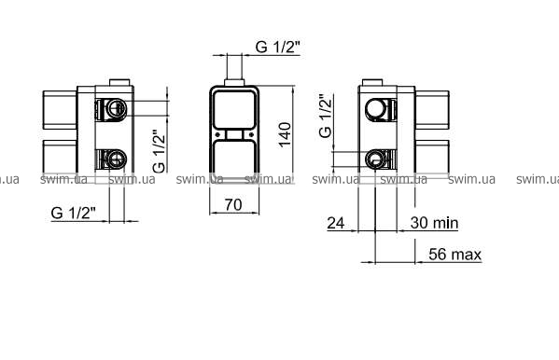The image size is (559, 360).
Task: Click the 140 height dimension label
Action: tap(285, 134)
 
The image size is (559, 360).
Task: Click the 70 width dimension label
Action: tap(233, 205)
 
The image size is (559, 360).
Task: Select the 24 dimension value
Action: tap(336, 223)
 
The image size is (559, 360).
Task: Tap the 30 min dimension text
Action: tap(434, 223)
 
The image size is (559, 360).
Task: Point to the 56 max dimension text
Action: tap(454, 254)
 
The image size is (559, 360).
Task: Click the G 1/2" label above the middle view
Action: tap(278, 47)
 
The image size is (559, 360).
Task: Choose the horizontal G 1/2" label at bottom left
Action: tap(74, 213)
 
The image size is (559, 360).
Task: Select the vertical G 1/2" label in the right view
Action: tap(326, 116)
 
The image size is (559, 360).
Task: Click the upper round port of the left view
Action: tap(116, 108)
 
